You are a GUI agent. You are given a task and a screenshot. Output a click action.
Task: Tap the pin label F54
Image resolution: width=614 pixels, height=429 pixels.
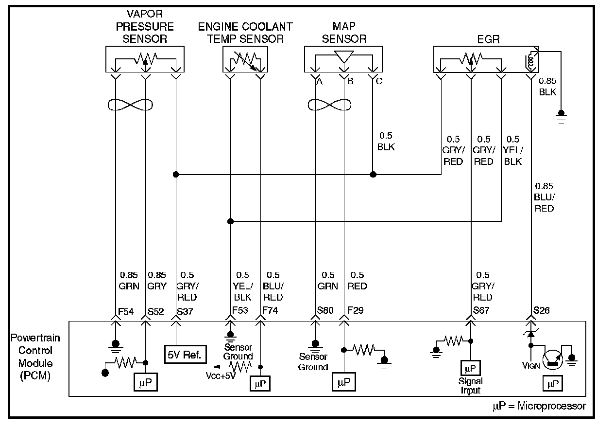point(126,311)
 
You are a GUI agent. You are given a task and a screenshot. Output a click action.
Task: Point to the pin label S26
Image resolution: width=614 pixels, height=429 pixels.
point(541,310)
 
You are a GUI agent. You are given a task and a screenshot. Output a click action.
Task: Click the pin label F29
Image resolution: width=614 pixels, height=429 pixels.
point(356,310)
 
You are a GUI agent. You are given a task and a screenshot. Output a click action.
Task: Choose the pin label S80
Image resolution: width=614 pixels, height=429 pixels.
point(325,310)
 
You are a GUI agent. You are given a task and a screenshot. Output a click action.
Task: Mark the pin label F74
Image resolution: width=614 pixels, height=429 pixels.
point(271,310)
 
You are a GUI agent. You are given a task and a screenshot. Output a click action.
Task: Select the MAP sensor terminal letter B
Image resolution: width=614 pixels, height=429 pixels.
point(350,81)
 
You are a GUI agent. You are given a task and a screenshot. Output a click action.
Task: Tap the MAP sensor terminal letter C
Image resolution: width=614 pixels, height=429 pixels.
point(379,81)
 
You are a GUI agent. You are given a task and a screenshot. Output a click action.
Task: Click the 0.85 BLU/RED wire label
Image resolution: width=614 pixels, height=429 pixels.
point(544,197)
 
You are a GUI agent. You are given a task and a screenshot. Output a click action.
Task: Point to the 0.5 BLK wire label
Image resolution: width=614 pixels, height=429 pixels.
point(386,142)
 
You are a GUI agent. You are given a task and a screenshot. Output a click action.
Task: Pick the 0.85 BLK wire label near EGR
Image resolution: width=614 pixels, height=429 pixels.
point(547,86)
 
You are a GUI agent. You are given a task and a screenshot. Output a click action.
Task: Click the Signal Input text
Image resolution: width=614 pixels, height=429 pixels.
point(470,386)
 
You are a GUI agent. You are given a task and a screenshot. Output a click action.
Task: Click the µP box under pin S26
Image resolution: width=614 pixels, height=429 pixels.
point(553,384)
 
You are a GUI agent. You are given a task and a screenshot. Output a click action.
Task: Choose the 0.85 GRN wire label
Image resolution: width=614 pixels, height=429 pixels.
point(129,281)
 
